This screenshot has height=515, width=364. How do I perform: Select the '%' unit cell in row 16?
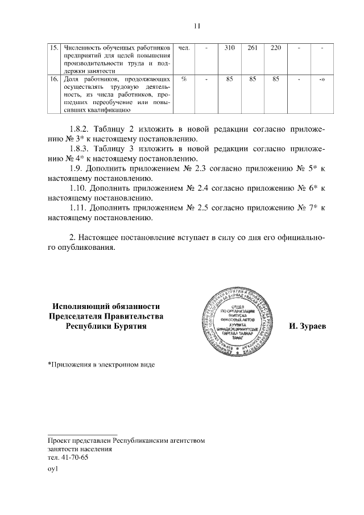(x=184, y=79)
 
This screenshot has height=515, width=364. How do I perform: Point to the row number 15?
(x=55, y=47)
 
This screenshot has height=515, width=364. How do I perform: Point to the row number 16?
(x=55, y=79)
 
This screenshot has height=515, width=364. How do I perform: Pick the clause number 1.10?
(x=77, y=188)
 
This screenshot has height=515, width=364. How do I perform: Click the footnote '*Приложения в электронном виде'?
(x=101, y=364)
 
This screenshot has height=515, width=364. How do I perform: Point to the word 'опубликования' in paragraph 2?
(x=85, y=248)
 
